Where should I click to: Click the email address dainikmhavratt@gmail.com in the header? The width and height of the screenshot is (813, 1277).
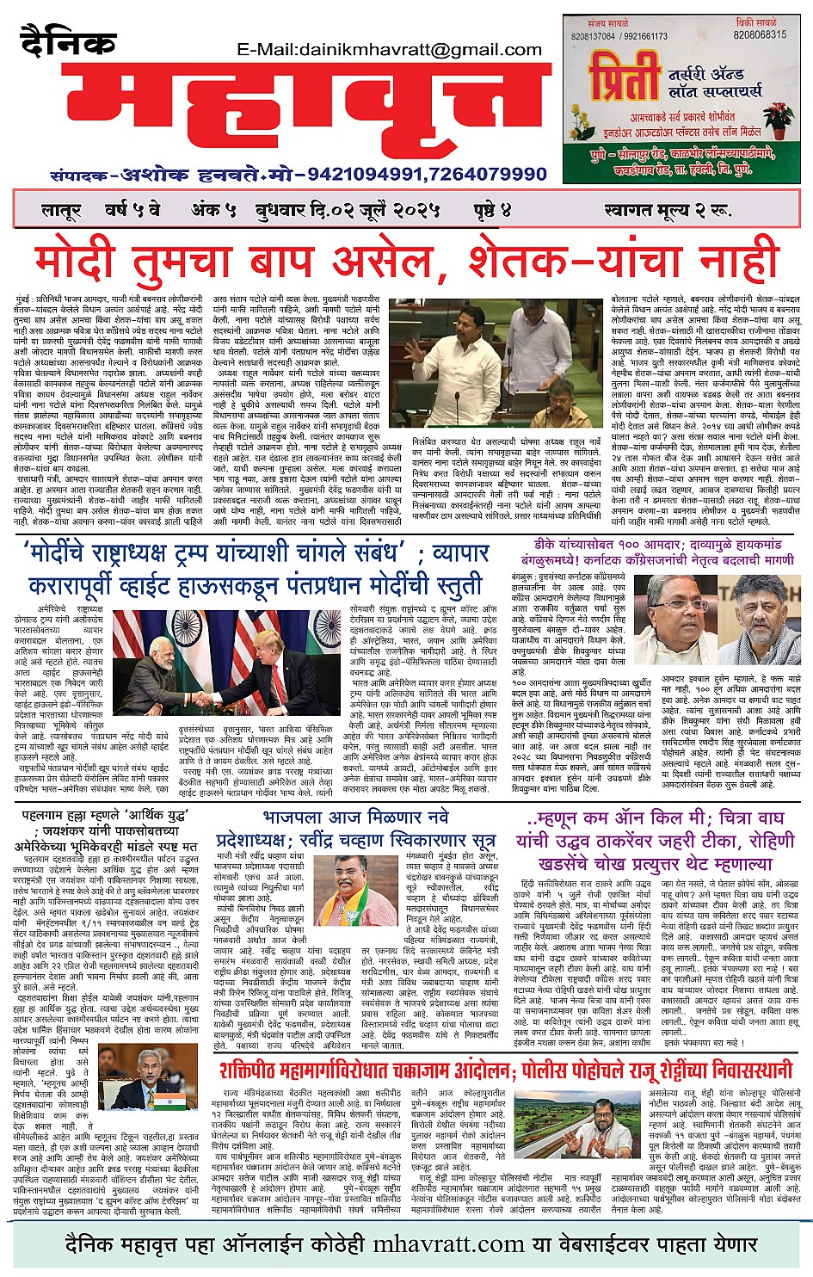401,51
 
